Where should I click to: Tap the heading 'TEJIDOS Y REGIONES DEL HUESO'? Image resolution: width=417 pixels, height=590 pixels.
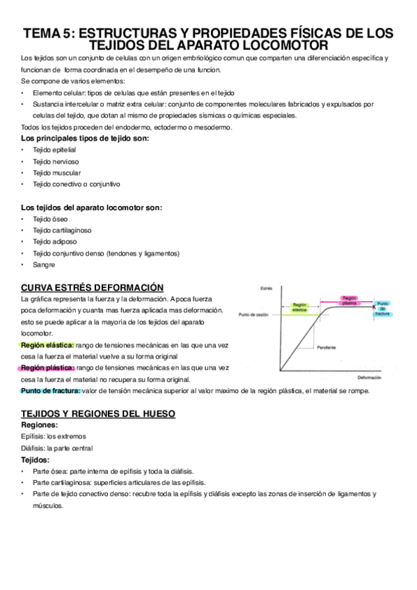pyautogui.click(x=98, y=413)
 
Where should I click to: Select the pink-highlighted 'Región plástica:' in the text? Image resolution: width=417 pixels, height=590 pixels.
pyautogui.click(x=47, y=367)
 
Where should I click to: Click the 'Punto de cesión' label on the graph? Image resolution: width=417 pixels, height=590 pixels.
pyautogui.click(x=253, y=315)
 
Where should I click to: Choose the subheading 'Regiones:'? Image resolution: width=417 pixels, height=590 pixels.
pyautogui.click(x=40, y=424)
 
